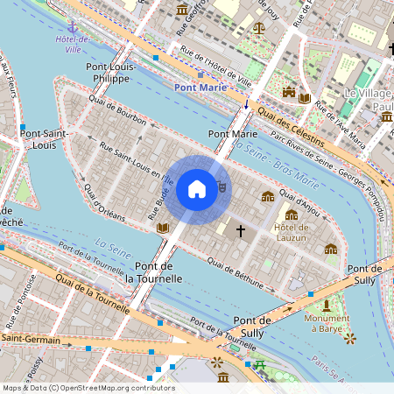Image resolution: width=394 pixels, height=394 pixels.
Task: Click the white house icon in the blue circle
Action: pyautogui.click(x=197, y=188)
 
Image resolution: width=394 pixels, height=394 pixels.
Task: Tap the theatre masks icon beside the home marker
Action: pyautogui.click(x=222, y=186)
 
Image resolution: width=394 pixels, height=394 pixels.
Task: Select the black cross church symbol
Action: pyautogui.click(x=241, y=229)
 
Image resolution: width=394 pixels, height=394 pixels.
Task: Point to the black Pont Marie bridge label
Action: pyautogui.click(x=233, y=134)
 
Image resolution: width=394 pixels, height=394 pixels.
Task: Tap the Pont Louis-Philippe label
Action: pyautogui.click(x=109, y=73)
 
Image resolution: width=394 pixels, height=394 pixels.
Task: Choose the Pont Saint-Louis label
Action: pyautogui.click(x=46, y=139)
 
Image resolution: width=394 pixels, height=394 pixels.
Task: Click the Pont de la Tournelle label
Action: pyautogui.click(x=154, y=271)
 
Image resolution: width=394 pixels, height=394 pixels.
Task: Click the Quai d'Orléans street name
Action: pyautogui.click(x=102, y=202)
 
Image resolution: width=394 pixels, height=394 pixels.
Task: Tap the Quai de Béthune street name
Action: pyautogui.click(x=235, y=271)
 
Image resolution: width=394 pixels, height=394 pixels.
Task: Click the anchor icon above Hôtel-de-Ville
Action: pyautogui.click(x=74, y=27)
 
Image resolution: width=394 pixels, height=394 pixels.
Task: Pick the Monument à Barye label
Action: pyautogui.click(x=326, y=325)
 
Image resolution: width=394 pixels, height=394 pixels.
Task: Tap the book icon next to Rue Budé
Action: pyautogui.click(x=162, y=229)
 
